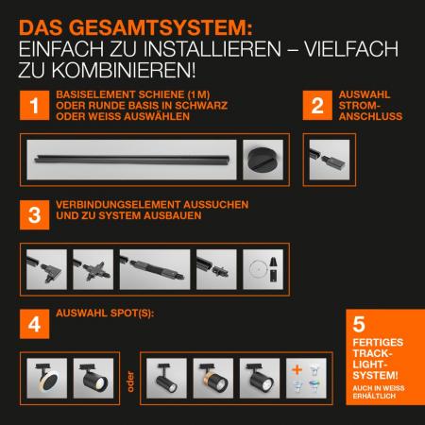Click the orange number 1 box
[x=34, y=107]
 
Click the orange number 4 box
[x=34, y=324]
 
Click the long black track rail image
[x=129, y=159]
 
